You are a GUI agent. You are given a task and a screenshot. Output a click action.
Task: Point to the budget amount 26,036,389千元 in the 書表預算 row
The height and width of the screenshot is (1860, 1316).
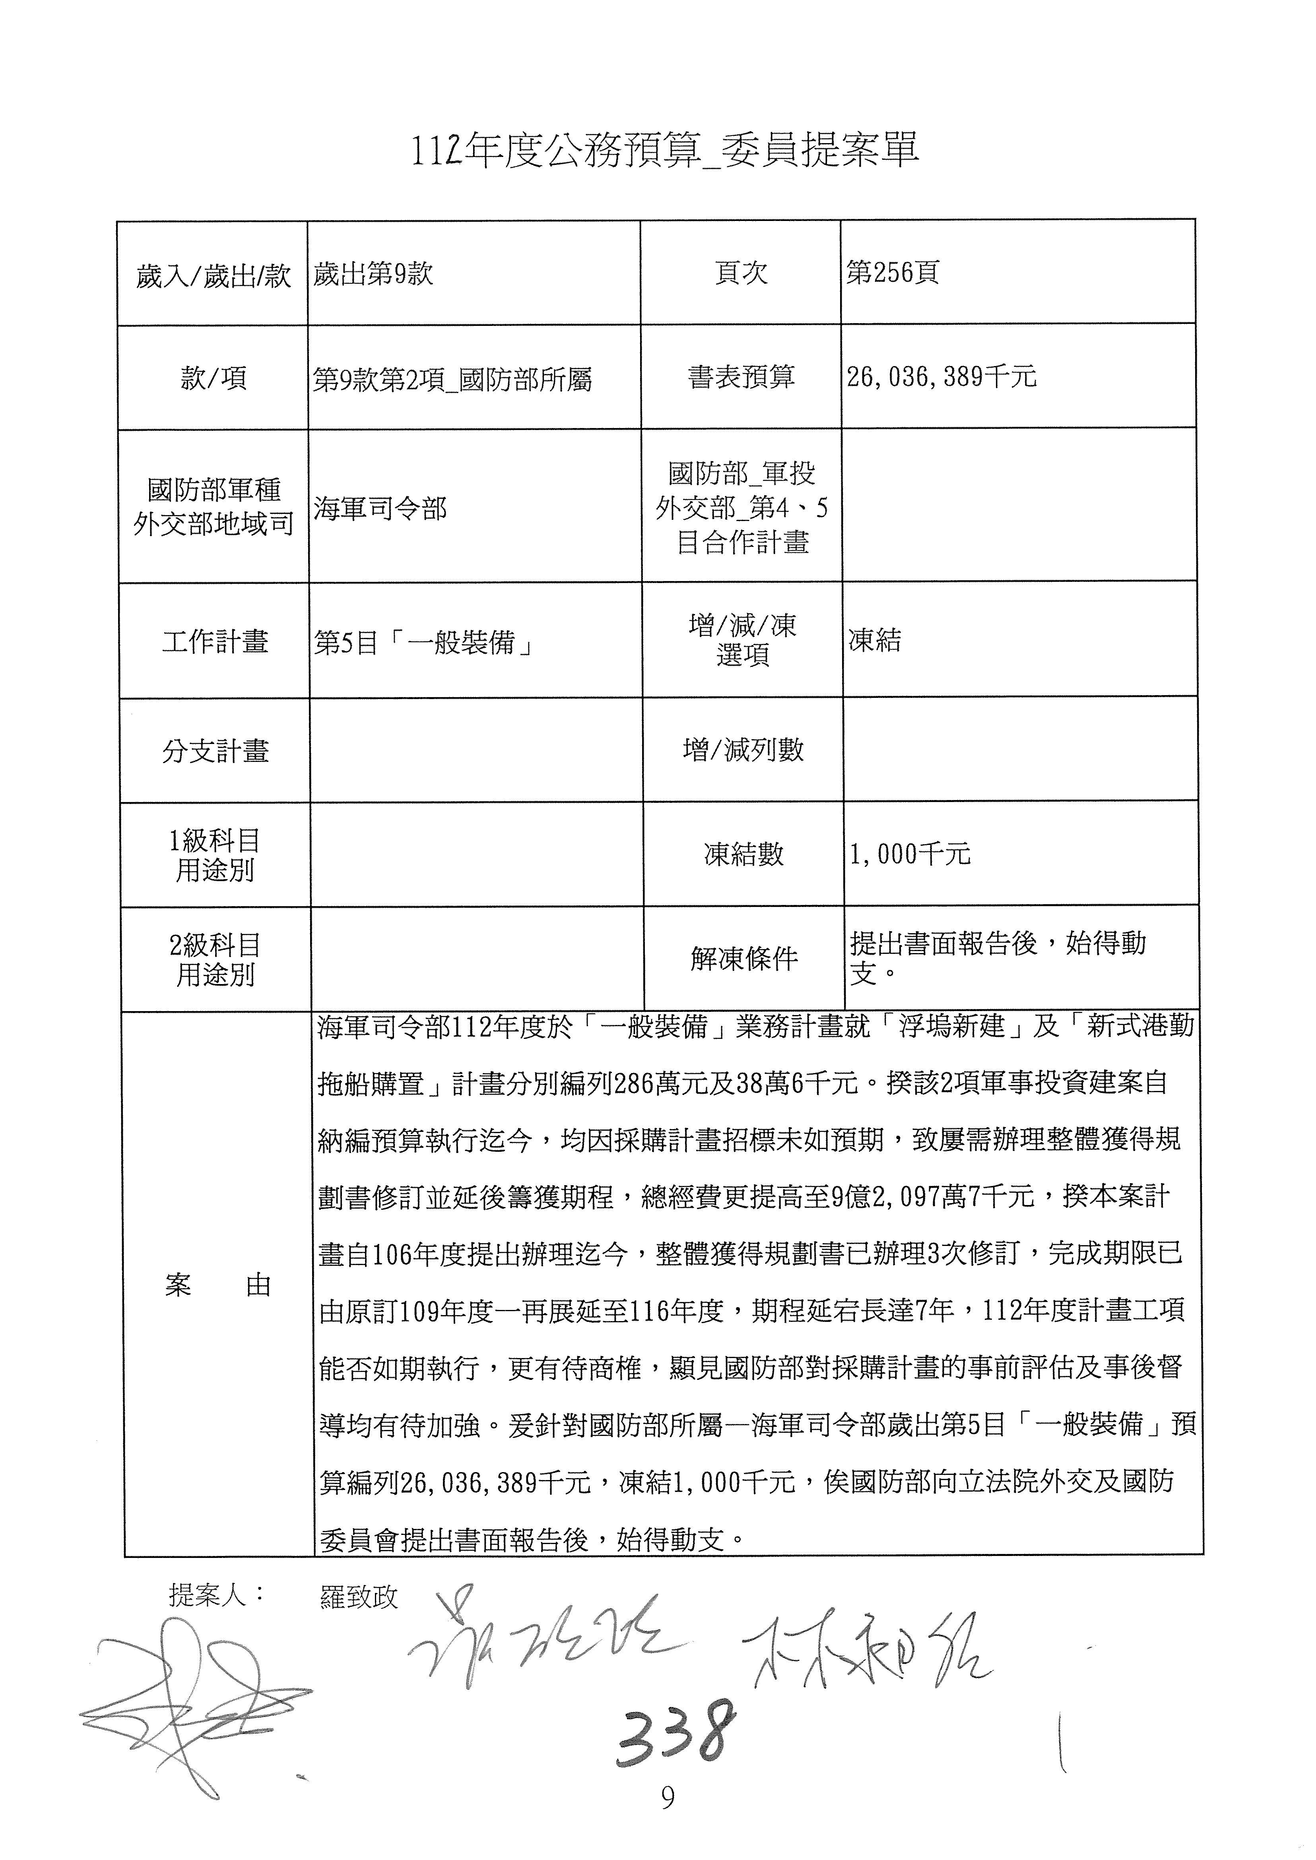point(941,377)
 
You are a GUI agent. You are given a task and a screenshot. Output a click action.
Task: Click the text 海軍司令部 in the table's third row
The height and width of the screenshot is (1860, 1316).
point(380,509)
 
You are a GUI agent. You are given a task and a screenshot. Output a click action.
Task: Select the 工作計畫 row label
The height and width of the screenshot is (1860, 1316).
point(215,642)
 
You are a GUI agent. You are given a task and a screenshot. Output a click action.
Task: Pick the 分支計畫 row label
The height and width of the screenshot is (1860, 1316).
point(215,751)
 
